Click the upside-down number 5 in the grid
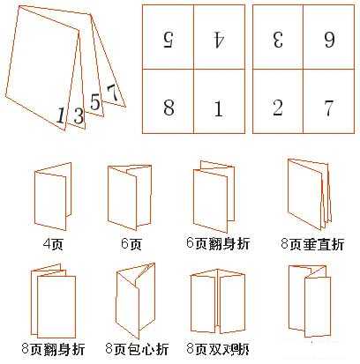(x=168, y=39)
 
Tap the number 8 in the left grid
(x=168, y=108)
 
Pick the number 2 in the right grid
(x=278, y=108)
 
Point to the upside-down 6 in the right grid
(x=328, y=39)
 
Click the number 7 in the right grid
(x=328, y=108)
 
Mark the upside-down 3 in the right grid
(x=278, y=39)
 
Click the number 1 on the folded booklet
(x=60, y=115)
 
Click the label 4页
(x=52, y=241)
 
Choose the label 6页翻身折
(x=217, y=241)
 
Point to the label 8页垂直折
(x=307, y=241)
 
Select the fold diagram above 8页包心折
(x=134, y=301)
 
